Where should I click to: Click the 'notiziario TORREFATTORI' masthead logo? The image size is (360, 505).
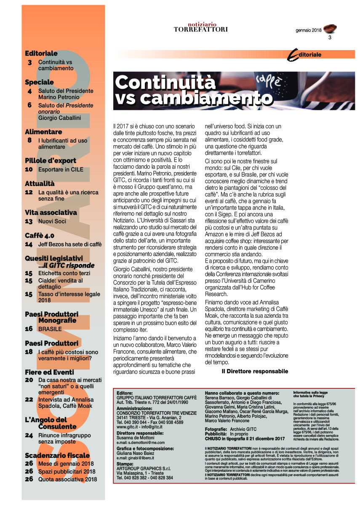(x=201, y=27)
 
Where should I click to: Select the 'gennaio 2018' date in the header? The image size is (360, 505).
(x=308, y=30)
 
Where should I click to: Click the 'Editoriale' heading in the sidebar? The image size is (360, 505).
(x=41, y=53)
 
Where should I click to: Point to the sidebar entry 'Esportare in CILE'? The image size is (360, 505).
(x=61, y=170)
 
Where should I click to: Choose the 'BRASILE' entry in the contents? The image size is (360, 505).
(x=50, y=329)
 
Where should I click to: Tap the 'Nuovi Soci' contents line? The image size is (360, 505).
(x=52, y=221)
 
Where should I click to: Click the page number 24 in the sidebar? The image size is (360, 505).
(x=29, y=435)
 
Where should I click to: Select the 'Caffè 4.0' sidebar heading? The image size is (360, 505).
(x=40, y=235)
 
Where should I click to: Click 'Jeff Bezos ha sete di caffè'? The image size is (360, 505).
(x=70, y=244)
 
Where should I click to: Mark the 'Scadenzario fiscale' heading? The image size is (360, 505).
(x=57, y=455)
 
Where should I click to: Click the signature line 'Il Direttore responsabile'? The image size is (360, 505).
(x=255, y=371)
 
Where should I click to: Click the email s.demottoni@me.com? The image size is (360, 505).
(x=141, y=442)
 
